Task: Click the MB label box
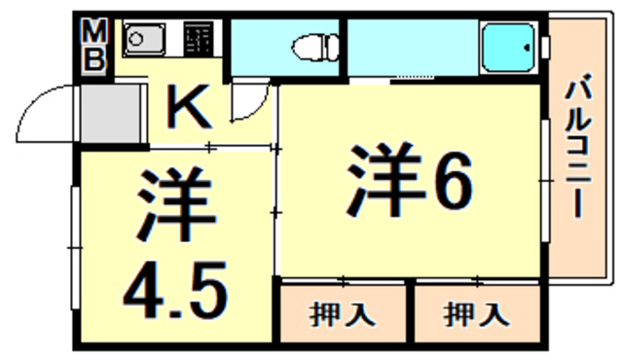point(94,46)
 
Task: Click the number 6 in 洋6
point(450,181)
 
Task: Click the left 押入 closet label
point(343,314)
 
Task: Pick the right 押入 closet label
point(476,314)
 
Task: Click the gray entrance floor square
point(109,114)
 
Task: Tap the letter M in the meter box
point(94,32)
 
